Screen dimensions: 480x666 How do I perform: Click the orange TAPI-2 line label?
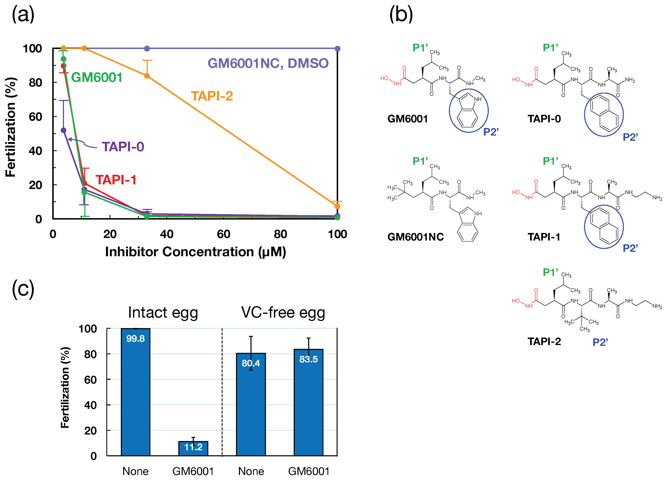pyautogui.click(x=212, y=96)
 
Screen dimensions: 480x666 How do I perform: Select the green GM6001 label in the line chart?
pyautogui.click(x=97, y=77)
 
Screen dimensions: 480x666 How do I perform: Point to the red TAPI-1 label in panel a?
pyautogui.click(x=116, y=180)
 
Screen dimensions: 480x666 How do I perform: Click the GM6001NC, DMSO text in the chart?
pyautogui.click(x=268, y=63)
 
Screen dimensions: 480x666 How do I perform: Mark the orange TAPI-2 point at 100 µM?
pyautogui.click(x=337, y=206)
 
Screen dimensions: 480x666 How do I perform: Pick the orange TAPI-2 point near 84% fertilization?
pyautogui.click(x=147, y=76)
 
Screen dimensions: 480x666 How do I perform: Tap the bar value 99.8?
pyautogui.click(x=135, y=338)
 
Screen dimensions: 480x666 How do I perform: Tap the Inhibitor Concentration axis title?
pyautogui.click(x=195, y=252)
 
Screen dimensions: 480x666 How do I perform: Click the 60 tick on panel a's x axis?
pyautogui.click(x=223, y=234)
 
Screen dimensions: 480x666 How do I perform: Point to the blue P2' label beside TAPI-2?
pyautogui.click(x=600, y=342)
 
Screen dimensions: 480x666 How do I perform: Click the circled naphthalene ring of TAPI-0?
pyautogui.click(x=604, y=114)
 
